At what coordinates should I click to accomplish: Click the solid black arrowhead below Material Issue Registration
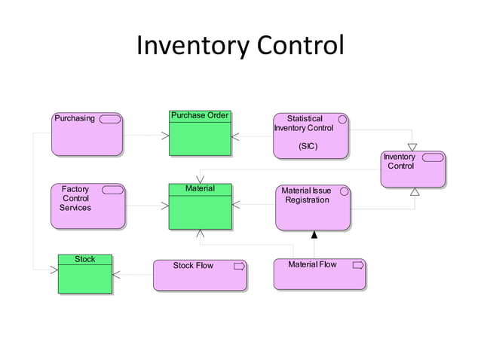(314, 235)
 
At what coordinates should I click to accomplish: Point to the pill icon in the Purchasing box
(109, 119)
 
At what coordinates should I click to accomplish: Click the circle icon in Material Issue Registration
(345, 191)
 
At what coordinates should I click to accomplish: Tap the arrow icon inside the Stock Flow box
(240, 266)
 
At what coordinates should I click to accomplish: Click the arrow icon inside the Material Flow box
(358, 265)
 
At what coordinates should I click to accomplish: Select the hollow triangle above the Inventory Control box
(412, 147)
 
